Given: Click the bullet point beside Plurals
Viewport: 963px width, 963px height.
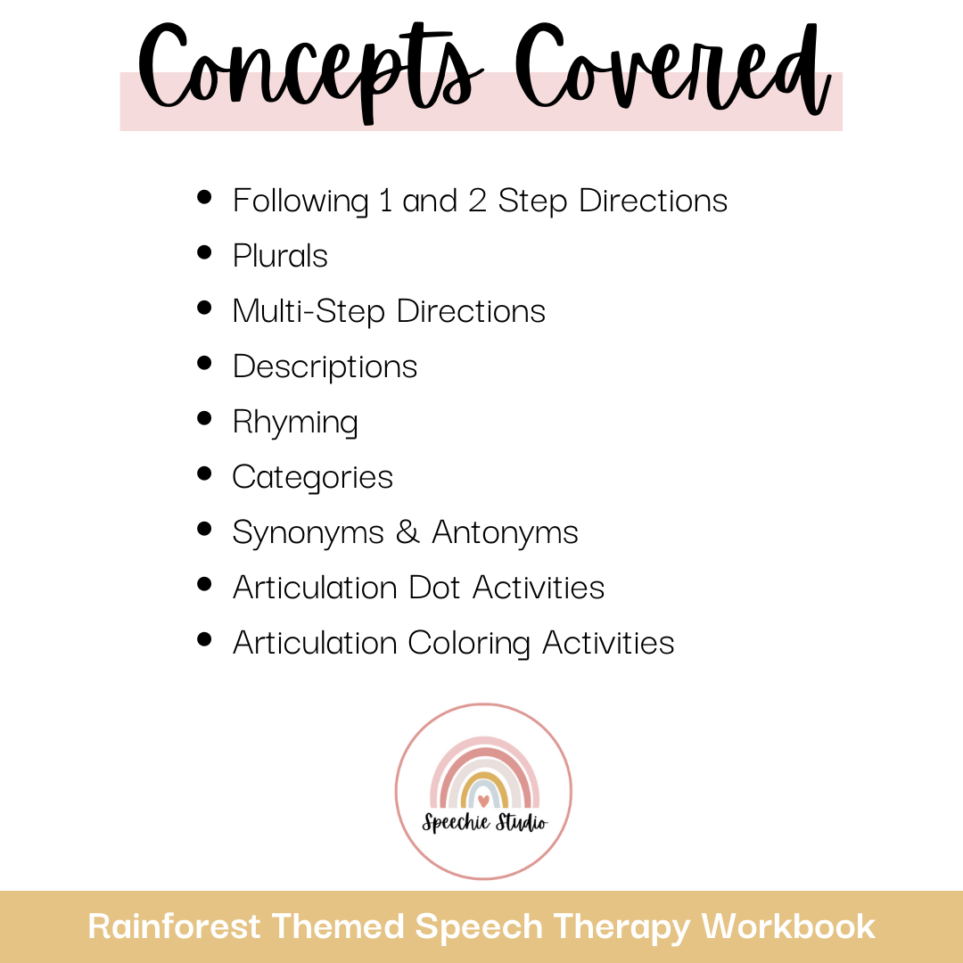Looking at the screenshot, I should [x=205, y=253].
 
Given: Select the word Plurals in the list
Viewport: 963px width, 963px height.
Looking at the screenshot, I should [x=280, y=257].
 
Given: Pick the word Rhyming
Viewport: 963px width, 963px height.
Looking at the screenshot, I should [x=295, y=423].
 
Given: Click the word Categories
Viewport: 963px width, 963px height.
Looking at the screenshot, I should [x=312, y=478].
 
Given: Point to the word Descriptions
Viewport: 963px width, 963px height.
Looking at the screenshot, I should [x=325, y=367].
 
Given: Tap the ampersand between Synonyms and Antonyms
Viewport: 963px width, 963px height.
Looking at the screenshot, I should [x=407, y=532].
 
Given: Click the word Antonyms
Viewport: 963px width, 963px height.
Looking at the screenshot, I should [x=505, y=533].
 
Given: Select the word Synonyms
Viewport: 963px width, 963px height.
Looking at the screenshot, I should [x=307, y=533].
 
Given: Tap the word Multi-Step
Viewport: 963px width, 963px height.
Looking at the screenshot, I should [x=309, y=312].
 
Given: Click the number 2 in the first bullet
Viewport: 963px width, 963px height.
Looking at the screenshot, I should [x=477, y=201].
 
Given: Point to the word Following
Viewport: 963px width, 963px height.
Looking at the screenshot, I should [x=300, y=202].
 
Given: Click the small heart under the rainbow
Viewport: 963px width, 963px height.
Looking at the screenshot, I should [x=483, y=800].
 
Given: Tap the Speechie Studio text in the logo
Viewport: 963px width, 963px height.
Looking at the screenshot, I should [x=483, y=823].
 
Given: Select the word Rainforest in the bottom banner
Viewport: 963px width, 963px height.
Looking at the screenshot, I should [x=175, y=927].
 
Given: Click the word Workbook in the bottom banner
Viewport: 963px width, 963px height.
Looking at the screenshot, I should [x=788, y=927].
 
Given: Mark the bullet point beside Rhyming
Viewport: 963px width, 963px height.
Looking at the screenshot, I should [x=205, y=419].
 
